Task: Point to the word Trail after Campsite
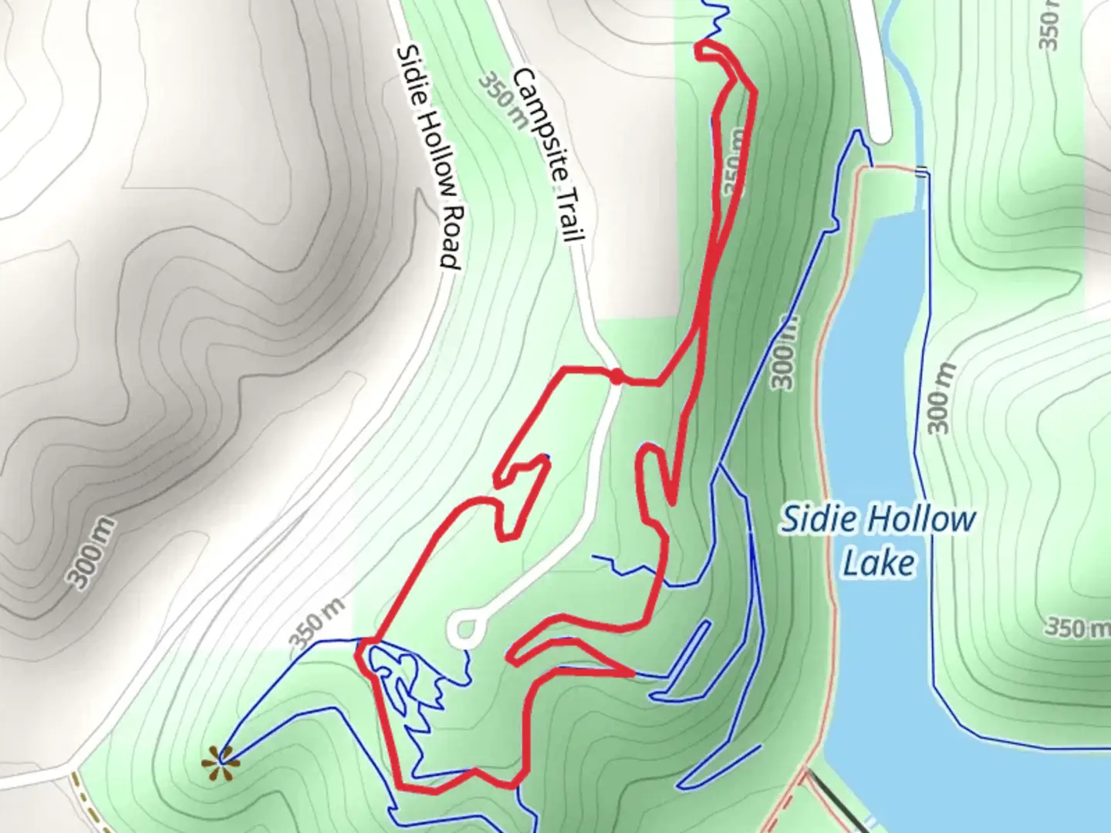coord(569,213)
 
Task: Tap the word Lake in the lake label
coord(878,562)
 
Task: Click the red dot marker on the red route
coord(617,376)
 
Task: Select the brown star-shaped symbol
coord(221,764)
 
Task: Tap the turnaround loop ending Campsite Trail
coord(465,629)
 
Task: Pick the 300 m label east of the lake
coord(940,398)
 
